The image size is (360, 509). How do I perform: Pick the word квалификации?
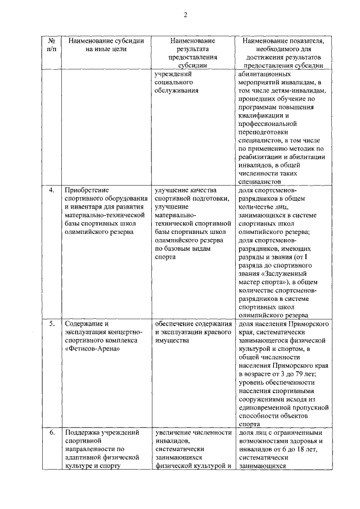click(x=263, y=114)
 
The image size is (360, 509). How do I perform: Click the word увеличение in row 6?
click(x=174, y=433)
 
